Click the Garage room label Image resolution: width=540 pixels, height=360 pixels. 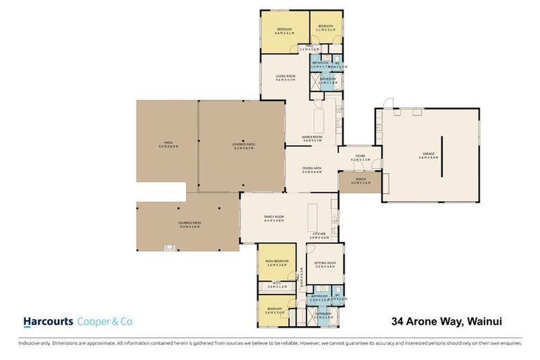point(428,155)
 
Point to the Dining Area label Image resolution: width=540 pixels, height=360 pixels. point(311,170)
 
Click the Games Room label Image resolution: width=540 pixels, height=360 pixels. point(311,139)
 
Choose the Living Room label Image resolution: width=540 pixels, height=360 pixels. point(285,78)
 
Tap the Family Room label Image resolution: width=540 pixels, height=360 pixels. point(274,218)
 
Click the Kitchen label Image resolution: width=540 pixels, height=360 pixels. point(318,236)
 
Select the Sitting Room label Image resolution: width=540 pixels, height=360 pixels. point(326,265)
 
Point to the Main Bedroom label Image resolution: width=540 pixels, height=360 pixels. point(275,263)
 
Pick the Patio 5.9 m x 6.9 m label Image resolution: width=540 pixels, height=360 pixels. point(168,145)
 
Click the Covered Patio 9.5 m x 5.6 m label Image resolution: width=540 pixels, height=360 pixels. point(189,225)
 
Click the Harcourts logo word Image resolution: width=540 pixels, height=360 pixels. point(49,321)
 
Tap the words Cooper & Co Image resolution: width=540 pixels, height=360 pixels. point(104,321)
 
